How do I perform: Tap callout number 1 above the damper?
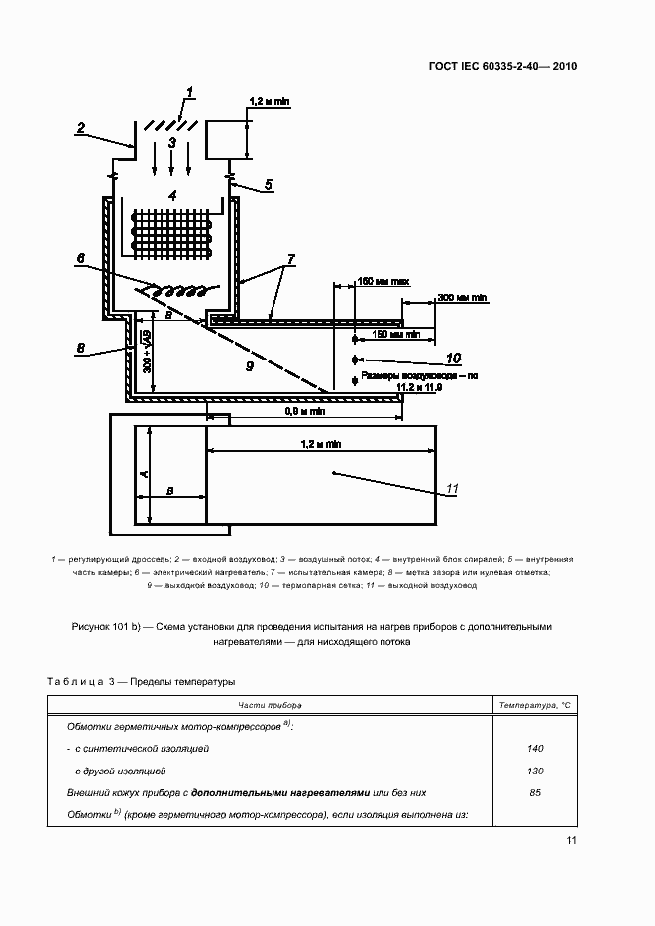point(189,95)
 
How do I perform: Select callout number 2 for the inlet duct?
point(82,127)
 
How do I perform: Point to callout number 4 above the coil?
point(172,196)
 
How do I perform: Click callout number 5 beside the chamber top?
point(268,185)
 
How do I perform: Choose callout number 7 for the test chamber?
point(289,259)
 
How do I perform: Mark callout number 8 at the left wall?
point(81,348)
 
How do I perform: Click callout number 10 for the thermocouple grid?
point(453,358)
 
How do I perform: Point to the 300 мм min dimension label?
point(462,297)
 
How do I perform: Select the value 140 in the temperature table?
point(535,749)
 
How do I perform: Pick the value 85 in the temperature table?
point(535,792)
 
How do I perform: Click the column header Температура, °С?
point(535,704)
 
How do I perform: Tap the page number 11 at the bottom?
point(571,840)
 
